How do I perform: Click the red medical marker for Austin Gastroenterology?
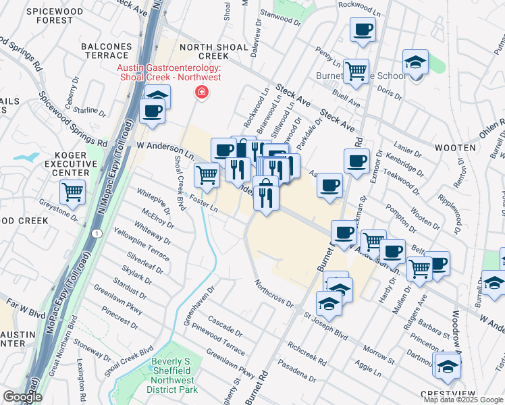[201, 92]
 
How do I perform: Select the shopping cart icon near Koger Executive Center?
[73, 191]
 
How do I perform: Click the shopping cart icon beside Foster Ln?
[207, 175]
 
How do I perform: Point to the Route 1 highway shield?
[98, 233]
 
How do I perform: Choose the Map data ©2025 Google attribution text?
[463, 400]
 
